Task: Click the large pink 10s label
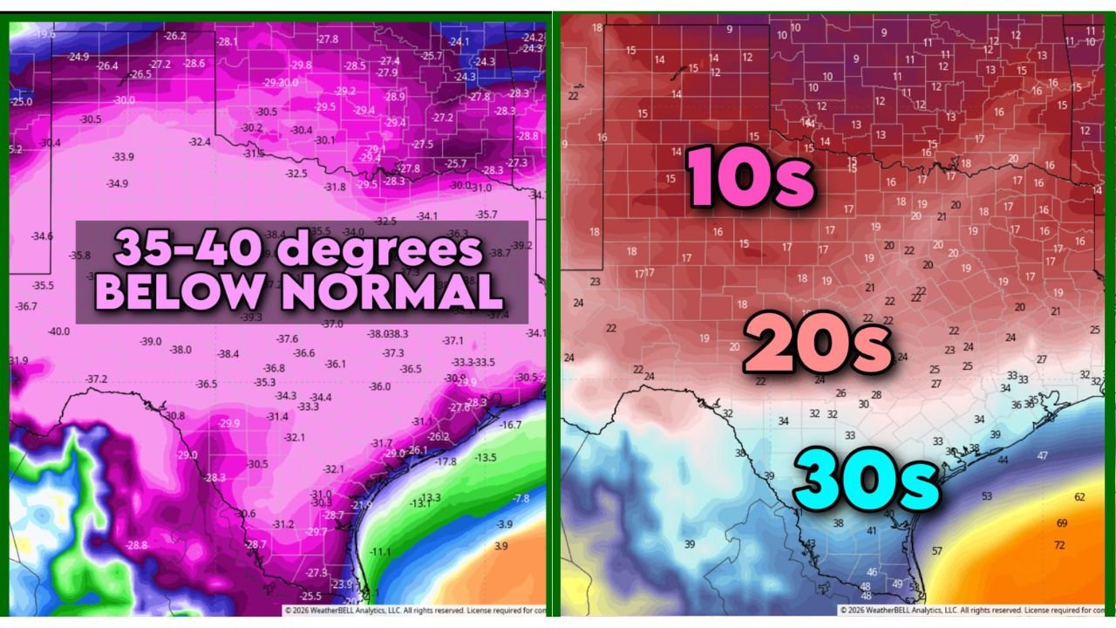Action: [752, 178]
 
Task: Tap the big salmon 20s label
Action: [817, 345]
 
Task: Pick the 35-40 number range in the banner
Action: [189, 249]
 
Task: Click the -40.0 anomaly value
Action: [58, 331]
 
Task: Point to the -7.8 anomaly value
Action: [521, 498]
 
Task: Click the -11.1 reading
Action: [380, 551]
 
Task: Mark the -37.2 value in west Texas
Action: [97, 379]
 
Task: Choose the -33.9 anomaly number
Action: [123, 157]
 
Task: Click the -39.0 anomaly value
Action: [150, 341]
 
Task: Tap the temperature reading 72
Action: [1059, 545]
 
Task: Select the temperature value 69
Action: [1062, 523]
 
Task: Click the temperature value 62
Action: [1080, 496]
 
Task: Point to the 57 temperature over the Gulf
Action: [937, 550]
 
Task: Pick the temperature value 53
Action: [987, 496]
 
